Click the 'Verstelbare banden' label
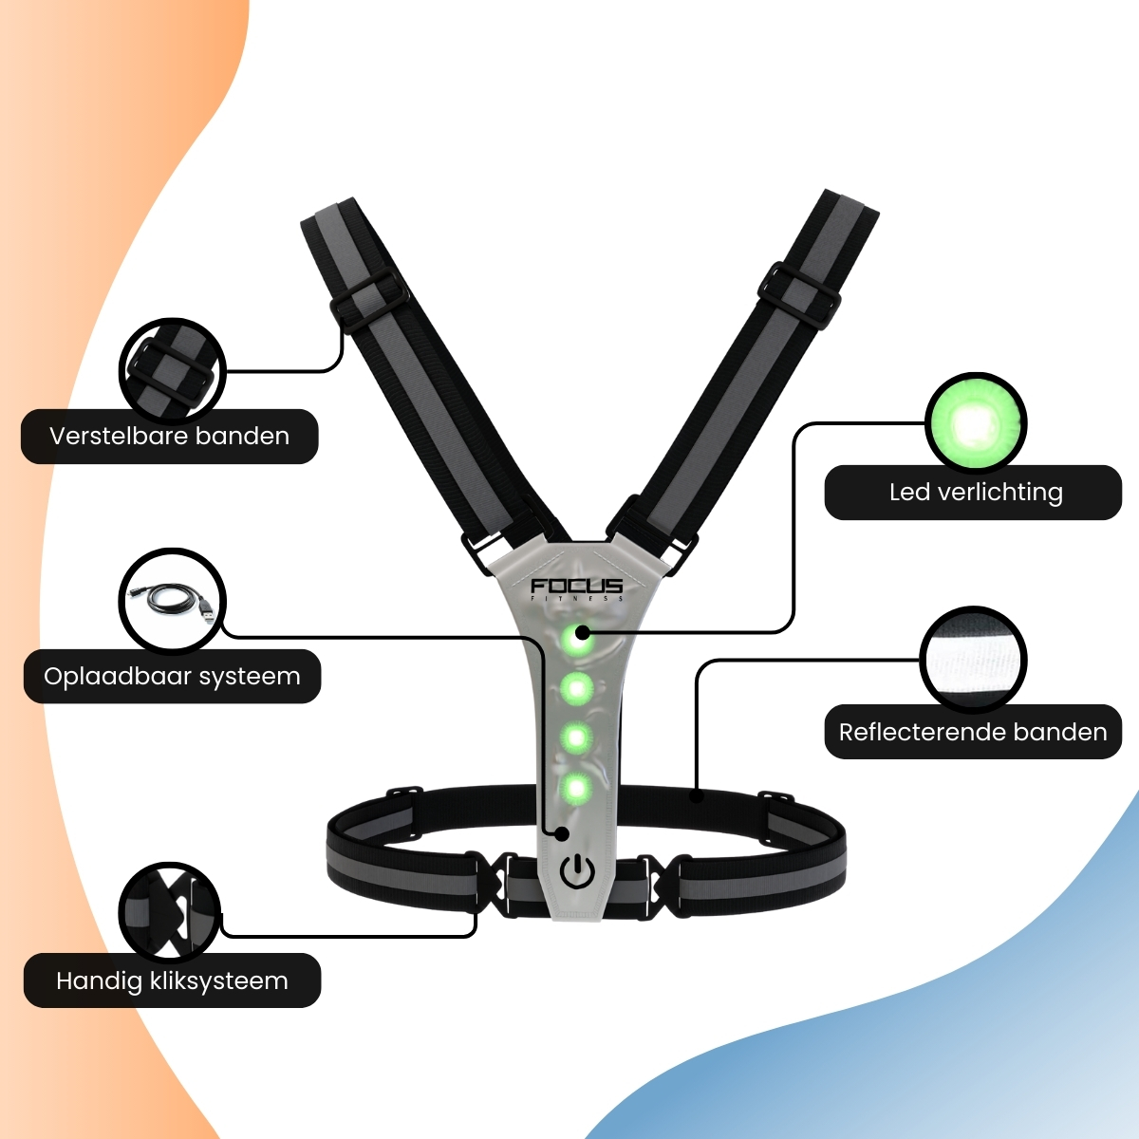click(170, 437)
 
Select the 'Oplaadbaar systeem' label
click(172, 676)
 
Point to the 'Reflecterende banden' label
click(973, 732)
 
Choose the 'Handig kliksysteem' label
click(172, 980)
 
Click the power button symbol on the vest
click(577, 872)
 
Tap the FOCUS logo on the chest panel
click(577, 588)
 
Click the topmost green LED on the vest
click(576, 640)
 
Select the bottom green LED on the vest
click(575, 787)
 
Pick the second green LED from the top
click(576, 688)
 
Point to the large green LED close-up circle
click(976, 423)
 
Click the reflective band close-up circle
click(973, 661)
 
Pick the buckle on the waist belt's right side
click(662, 886)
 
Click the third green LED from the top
click(576, 738)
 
